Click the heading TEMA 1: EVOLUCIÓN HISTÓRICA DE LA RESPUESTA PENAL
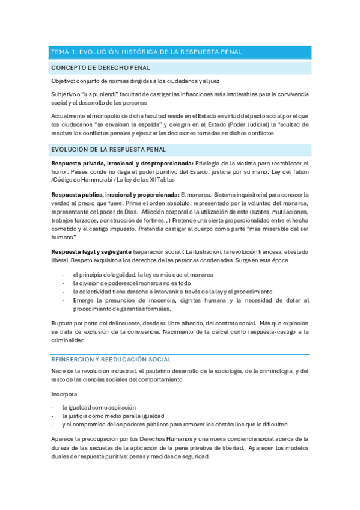pyautogui.click(x=147, y=52)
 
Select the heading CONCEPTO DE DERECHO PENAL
pyautogui.click(x=100, y=67)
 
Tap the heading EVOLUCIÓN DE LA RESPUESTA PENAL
pyautogui.click(x=109, y=149)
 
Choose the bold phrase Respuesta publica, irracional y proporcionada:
pyautogui.click(x=115, y=195)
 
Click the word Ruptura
pyautogui.click(x=63, y=324)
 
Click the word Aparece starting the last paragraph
pyautogui.click(x=64, y=439)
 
